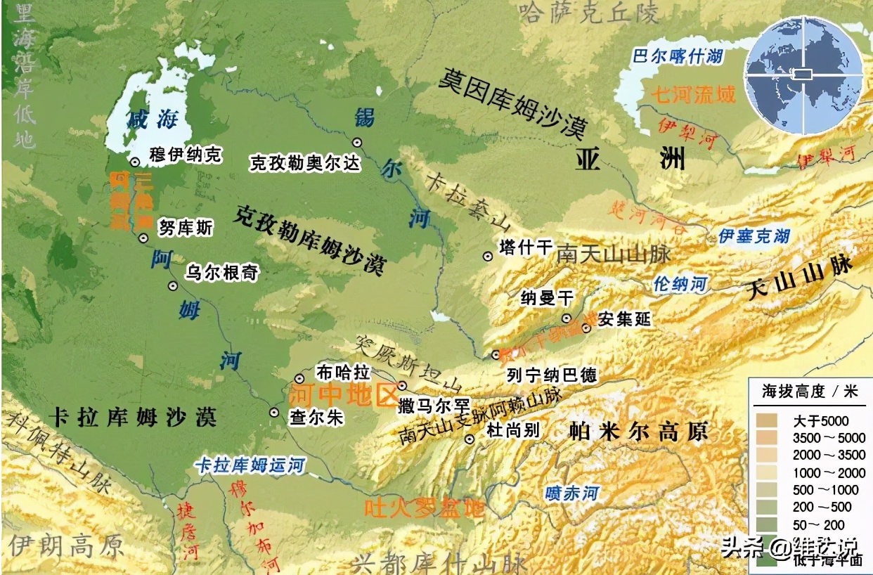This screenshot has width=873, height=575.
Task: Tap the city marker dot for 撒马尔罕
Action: [x=402, y=385]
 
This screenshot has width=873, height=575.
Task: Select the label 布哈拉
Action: [x=342, y=371]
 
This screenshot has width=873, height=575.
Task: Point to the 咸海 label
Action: [x=151, y=119]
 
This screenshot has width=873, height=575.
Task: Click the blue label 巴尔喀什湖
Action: [x=676, y=56]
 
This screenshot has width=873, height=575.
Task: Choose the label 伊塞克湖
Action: [x=754, y=236]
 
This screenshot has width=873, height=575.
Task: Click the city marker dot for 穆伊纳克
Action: [x=135, y=162]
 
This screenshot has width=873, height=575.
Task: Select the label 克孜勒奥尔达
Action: [x=305, y=163]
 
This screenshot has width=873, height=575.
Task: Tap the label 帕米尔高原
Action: [x=638, y=431]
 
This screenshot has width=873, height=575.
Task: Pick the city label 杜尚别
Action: [x=512, y=429]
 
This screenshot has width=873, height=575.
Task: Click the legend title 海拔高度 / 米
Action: [x=810, y=392]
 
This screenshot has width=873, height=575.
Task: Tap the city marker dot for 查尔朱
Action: [x=274, y=413]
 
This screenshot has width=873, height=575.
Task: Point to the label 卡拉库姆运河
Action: [x=250, y=465]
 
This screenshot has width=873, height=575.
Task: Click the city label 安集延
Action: [x=624, y=320]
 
